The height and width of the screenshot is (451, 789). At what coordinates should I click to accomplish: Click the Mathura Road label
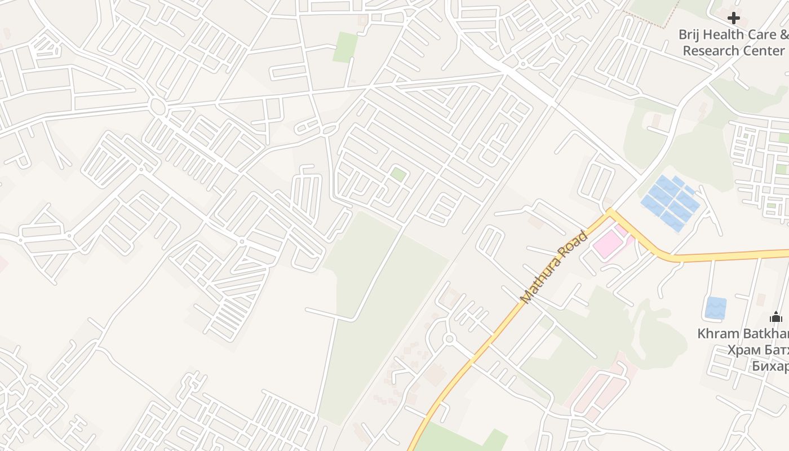tap(555, 267)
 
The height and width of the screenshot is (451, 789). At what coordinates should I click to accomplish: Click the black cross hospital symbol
tap(733, 18)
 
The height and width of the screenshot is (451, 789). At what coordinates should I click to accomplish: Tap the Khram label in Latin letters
tap(716, 333)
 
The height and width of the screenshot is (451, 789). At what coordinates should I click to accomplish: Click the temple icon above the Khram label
tap(776, 317)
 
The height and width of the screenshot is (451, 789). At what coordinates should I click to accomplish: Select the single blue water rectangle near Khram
tap(716, 308)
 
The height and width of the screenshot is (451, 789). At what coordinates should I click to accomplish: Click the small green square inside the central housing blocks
tap(398, 174)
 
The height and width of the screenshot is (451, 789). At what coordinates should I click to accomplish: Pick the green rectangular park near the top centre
tap(345, 47)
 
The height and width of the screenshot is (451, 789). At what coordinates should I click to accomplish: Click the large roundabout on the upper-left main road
tap(157, 106)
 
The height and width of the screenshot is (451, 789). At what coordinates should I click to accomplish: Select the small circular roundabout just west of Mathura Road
tap(449, 339)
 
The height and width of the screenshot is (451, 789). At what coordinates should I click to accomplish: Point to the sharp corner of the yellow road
tap(609, 213)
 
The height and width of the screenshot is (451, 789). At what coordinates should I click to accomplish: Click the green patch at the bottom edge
tap(462, 440)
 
